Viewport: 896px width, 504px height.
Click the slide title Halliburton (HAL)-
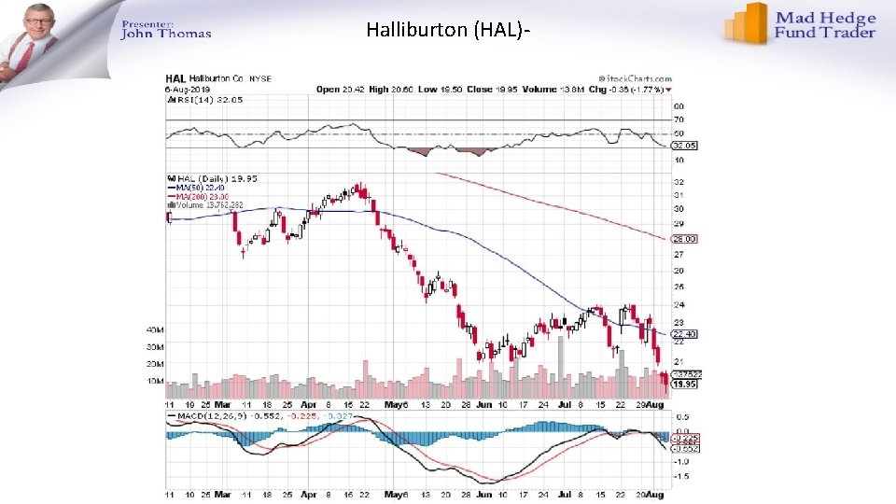pyautogui.click(x=449, y=30)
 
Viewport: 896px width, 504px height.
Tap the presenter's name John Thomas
pyautogui.click(x=166, y=34)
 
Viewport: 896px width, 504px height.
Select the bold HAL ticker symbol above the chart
pyautogui.click(x=175, y=78)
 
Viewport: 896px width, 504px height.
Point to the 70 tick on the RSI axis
pyautogui.click(x=679, y=120)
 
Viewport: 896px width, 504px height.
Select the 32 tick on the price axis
pyautogui.click(x=679, y=181)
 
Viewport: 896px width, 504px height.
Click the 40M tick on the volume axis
pyautogui.click(x=155, y=329)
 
